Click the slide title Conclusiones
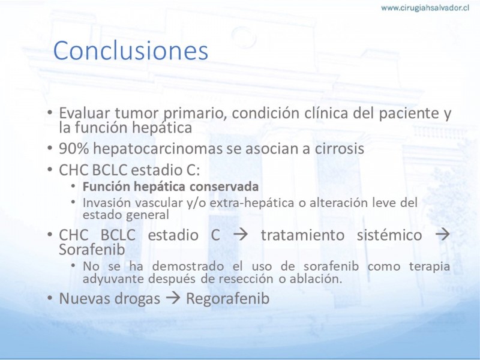(131, 50)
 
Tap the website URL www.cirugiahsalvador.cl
(425, 8)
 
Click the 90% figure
(74, 149)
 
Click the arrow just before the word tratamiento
(241, 235)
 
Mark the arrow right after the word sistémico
(443, 235)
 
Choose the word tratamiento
(303, 235)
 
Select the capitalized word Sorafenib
(92, 250)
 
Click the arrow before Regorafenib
(173, 298)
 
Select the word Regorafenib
(228, 299)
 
